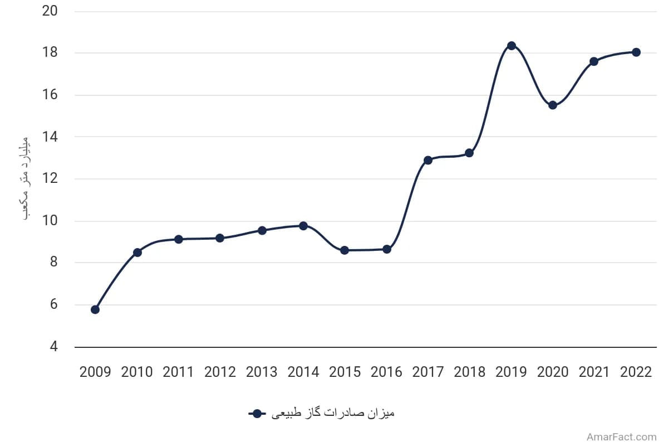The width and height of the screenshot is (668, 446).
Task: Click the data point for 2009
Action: pos(95,309)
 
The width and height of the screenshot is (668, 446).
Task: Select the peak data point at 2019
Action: pos(512,46)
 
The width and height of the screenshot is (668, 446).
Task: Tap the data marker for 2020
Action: pos(553,105)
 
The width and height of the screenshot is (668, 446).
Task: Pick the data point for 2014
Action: pos(303,226)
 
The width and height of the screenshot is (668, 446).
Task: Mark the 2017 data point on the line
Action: pos(428,160)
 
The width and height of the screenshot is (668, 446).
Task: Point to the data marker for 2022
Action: pos(636,52)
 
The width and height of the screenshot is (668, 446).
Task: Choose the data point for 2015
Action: pos(345,250)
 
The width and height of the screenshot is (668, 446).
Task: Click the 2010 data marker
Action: pos(137,253)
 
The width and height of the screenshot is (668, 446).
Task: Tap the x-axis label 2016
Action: pos(386,372)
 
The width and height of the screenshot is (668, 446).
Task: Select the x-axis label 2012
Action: pos(220,372)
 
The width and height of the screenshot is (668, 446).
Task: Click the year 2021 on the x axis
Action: pos(594,372)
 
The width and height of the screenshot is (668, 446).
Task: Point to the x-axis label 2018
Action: pos(469,372)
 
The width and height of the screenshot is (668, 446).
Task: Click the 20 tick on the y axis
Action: pos(50,11)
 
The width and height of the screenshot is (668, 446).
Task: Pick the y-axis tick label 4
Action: pos(53,347)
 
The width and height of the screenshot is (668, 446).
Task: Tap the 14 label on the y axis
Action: pos(50,137)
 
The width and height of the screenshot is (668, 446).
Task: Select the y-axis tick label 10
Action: pos(50,221)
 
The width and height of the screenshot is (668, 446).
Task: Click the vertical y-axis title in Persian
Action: pos(26,178)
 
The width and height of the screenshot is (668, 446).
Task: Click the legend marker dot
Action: pos(257,414)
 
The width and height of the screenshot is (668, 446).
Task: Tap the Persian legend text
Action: pos(333,413)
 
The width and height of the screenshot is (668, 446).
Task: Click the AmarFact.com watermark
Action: pos(621,437)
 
